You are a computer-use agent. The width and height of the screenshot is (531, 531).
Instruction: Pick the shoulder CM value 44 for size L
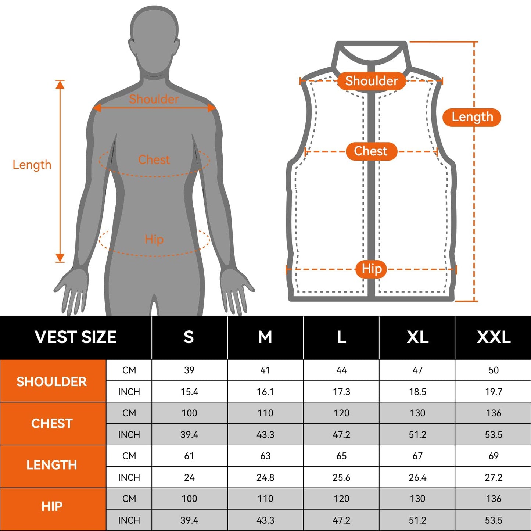341,370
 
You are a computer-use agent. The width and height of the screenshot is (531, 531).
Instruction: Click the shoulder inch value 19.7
494,392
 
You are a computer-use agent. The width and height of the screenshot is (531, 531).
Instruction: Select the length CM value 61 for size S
189,456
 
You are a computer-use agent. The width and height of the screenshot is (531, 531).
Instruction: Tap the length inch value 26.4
417,477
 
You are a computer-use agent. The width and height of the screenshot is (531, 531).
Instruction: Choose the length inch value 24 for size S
189,477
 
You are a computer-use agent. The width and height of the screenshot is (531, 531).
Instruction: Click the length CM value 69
494,456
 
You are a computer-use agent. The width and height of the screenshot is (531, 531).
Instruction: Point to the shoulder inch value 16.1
265,392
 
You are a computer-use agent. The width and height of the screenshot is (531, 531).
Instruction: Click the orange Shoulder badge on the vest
372,81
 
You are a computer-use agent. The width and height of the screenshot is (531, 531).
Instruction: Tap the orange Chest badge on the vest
371,151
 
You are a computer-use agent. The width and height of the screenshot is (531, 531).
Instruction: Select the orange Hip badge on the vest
371,269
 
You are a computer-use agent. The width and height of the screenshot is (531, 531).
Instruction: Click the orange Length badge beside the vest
472,117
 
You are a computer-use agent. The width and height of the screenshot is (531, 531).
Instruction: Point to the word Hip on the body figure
154,240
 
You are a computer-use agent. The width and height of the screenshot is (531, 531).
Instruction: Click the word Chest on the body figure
154,159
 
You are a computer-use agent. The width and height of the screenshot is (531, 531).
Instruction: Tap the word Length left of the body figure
32,165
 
